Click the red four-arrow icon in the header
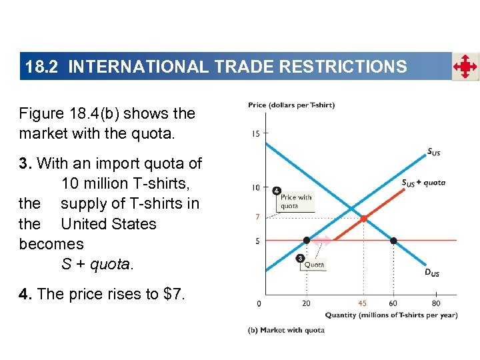465,67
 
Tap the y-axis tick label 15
256,134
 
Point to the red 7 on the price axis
257,217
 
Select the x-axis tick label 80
436,303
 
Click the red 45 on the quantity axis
362,303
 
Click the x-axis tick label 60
393,303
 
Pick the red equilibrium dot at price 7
363,218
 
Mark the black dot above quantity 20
306,240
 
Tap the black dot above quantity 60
393,240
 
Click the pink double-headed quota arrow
323,240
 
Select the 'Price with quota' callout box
296,201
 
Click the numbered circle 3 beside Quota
301,257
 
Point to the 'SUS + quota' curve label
423,183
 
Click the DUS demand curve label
432,272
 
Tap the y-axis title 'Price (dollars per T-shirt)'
291,105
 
